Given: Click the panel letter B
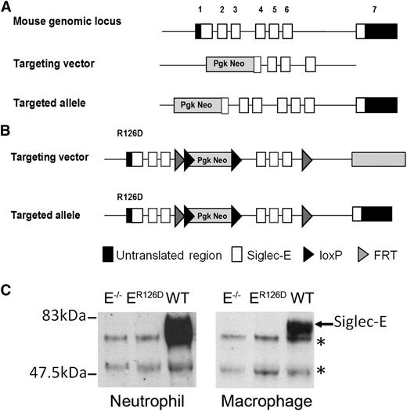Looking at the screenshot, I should click(x=7, y=125).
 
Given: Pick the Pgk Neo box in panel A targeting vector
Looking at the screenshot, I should click(x=230, y=66).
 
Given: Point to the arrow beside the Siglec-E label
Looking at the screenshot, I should click(x=324, y=322).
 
